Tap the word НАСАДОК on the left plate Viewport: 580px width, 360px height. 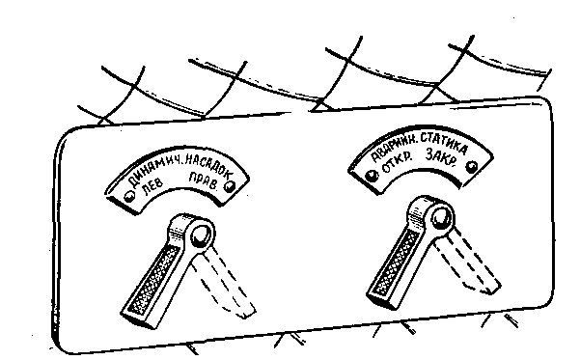(207, 165)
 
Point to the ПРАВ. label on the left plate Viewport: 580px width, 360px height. (203, 180)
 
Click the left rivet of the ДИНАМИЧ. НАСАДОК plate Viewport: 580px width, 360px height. (130, 197)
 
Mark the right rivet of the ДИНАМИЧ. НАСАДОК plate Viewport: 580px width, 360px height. (230, 186)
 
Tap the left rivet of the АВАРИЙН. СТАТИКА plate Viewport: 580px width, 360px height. (372, 175)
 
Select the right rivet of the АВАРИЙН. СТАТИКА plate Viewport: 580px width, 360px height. (471, 167)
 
